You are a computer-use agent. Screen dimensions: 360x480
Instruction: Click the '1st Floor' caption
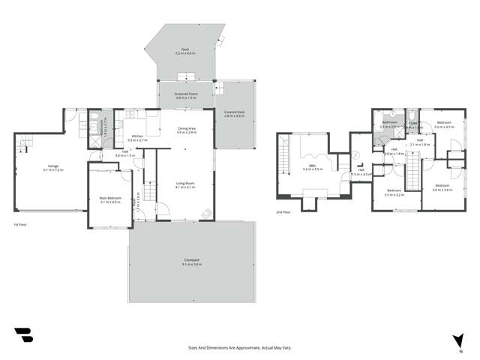20,223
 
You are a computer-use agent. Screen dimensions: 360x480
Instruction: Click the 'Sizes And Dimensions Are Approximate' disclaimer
239,348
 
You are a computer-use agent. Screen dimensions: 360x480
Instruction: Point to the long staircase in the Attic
283,159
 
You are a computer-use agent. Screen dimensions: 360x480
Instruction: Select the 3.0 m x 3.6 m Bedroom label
441,187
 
